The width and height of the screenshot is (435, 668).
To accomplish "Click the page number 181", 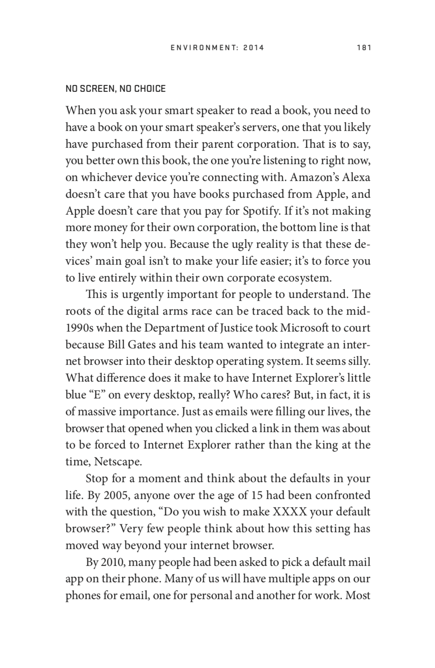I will (363, 48).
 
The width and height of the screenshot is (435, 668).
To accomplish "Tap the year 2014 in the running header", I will (254, 48).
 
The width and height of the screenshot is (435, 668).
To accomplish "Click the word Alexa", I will (356, 177).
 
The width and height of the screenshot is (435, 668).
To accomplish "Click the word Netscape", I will (118, 461).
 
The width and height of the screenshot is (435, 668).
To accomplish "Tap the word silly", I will (358, 361).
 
